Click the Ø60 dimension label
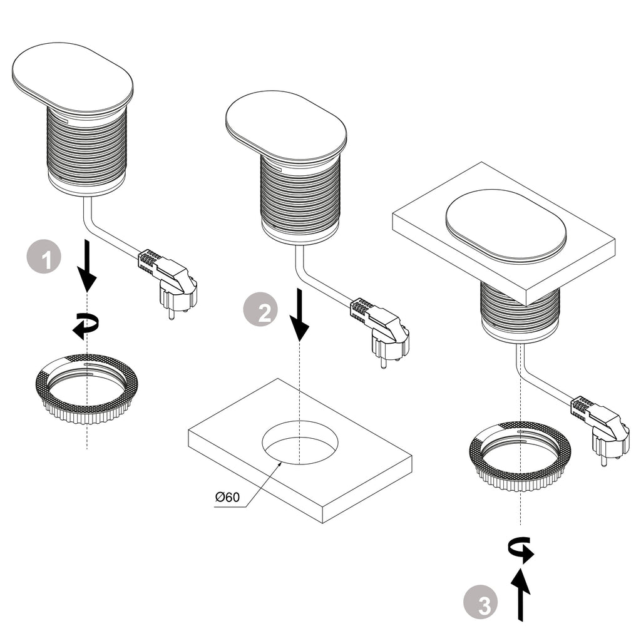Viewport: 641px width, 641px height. coord(227,498)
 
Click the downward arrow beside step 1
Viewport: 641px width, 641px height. coord(88,266)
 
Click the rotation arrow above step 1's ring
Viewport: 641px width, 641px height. coord(85,326)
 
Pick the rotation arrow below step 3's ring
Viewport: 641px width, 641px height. coord(521,550)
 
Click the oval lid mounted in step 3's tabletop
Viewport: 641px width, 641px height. coord(505,225)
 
